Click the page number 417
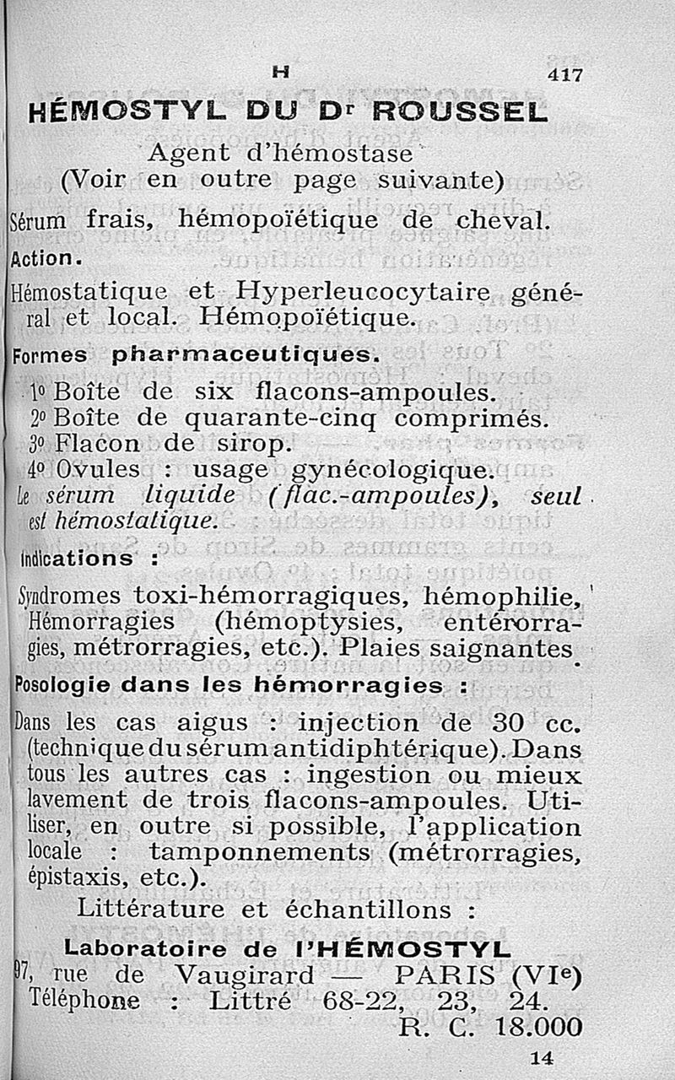[x=564, y=74]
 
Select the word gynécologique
[x=390, y=468]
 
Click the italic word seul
[x=555, y=497]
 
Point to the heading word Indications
[x=63, y=559]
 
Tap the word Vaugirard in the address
[x=244, y=975]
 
